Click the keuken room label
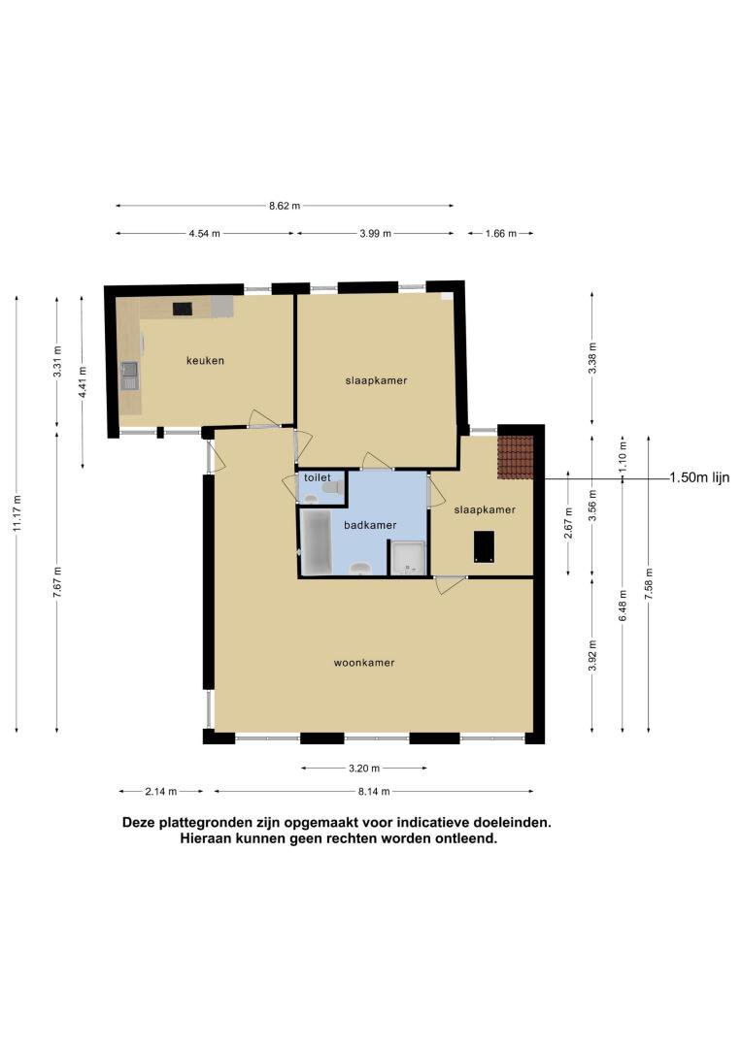[205, 360]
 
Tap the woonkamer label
[364, 663]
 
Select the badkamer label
[370, 525]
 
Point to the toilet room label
[318, 477]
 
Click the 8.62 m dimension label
[285, 206]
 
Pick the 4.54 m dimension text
[204, 233]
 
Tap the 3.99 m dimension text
[375, 233]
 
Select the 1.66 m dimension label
[500, 233]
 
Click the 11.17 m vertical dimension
[17, 513]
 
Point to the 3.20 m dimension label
[364, 768]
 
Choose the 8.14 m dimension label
[373, 792]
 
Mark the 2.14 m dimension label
[160, 792]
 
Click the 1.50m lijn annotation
[699, 477]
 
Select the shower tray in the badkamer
[408, 558]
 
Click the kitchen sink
[129, 376]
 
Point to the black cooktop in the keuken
[182, 309]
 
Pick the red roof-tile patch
[515, 457]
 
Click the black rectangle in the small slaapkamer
[484, 546]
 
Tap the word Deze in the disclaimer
[139, 823]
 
